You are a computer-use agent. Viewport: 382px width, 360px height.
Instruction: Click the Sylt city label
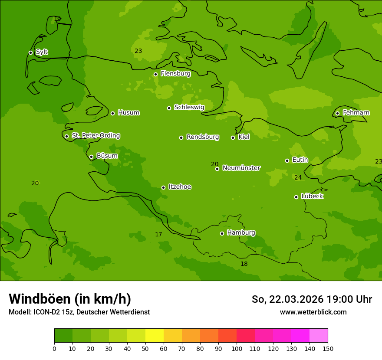[x=42, y=52]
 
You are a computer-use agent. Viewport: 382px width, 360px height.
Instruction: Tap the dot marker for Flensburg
[x=155, y=74]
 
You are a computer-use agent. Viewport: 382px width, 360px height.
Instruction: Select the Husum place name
[x=128, y=113]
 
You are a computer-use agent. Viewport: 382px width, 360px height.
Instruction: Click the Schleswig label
[x=189, y=107]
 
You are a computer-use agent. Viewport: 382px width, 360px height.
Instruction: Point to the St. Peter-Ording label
[x=95, y=136]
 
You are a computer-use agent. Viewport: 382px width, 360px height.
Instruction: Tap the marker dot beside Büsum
[x=91, y=157]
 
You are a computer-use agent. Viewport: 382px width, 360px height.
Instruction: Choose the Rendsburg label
[x=202, y=137]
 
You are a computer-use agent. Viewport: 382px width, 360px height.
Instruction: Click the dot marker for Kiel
[x=233, y=137]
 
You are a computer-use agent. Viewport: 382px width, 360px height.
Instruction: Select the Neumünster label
[x=241, y=168]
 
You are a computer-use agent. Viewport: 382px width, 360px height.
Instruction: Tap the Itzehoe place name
[x=180, y=187]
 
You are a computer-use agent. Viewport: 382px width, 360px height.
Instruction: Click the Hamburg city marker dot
[x=222, y=233]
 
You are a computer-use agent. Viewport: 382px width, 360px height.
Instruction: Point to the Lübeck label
[x=312, y=196]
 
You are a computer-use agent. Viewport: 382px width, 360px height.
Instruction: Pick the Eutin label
[x=300, y=160]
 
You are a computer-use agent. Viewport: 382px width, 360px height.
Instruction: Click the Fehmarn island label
[x=356, y=113]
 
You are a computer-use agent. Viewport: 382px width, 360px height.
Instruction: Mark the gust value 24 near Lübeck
[x=298, y=177]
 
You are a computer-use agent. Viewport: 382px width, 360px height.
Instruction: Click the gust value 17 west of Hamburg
[x=158, y=234]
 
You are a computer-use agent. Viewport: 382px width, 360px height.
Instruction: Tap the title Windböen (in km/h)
[x=70, y=299]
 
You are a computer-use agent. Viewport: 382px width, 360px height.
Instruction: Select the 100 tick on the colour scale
[x=237, y=349]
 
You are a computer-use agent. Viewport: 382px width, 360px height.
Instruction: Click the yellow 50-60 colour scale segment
[x=155, y=336]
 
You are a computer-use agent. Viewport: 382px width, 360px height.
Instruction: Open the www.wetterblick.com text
[x=313, y=312]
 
